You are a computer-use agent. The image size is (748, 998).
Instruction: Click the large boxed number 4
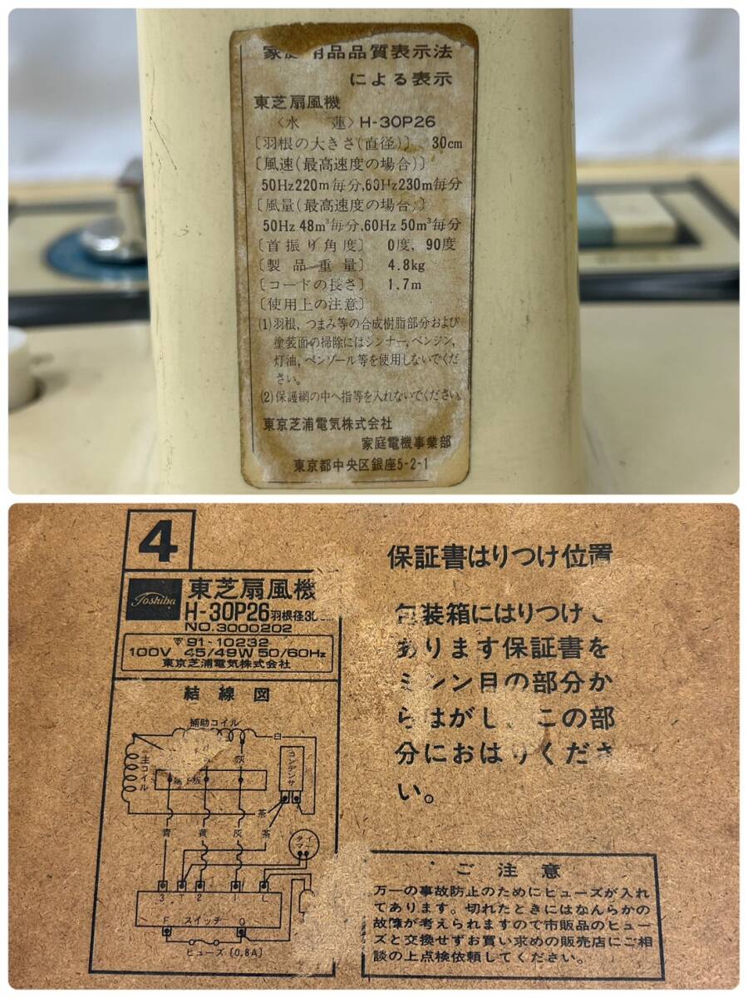pyautogui.click(x=159, y=544)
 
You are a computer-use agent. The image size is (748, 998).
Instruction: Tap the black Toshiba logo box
pyautogui.click(x=154, y=599)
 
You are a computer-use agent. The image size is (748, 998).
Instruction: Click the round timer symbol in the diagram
pyautogui.click(x=296, y=843)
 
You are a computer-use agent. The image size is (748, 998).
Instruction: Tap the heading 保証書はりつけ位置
pyautogui.click(x=499, y=556)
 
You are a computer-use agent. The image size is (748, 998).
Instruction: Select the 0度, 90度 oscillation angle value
pyautogui.click(x=421, y=245)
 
